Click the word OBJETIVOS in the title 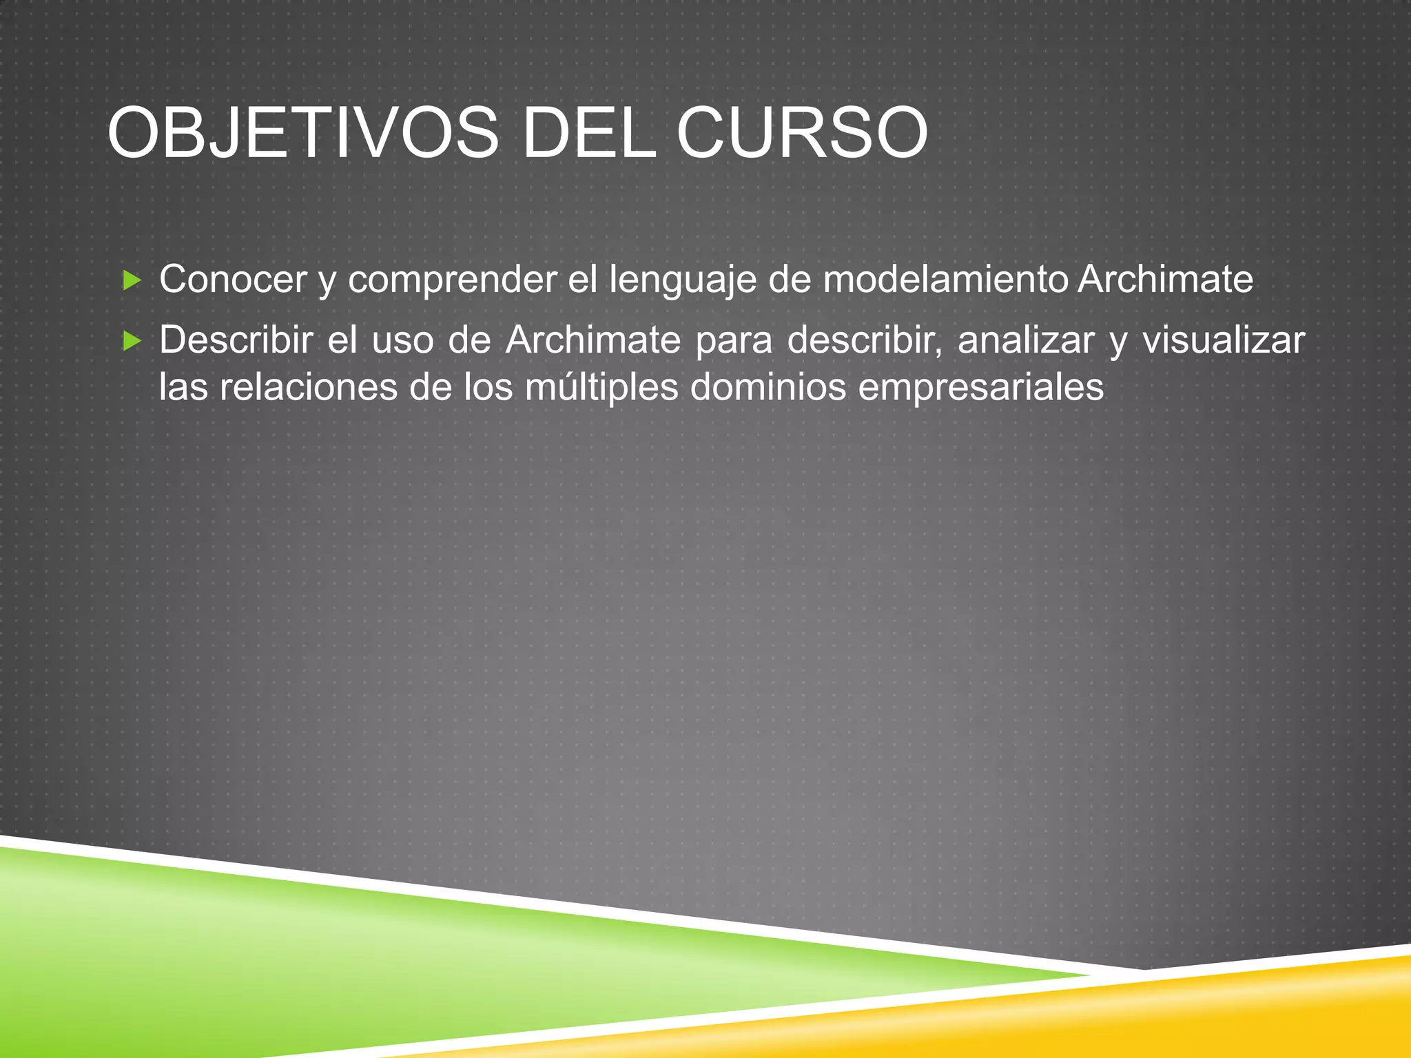tap(303, 133)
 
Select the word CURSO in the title tap(802, 133)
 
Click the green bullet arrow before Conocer tap(132, 280)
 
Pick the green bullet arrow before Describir tap(132, 340)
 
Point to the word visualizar tap(1224, 340)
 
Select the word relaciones tap(308, 387)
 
